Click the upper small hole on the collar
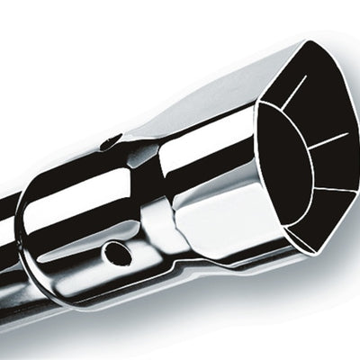coord(111,141)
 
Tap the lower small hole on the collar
coord(117,253)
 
